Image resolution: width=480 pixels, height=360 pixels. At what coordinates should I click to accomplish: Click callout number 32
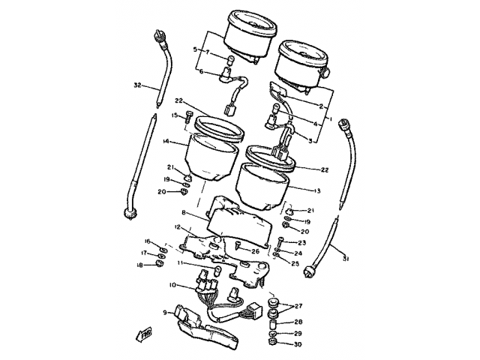137,84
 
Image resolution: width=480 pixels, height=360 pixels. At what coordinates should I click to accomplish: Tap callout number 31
345,260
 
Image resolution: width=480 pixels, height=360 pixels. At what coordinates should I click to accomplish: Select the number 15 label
172,115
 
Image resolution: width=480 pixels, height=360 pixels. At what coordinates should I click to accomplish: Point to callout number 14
165,141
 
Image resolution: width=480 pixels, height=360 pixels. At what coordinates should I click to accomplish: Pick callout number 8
184,213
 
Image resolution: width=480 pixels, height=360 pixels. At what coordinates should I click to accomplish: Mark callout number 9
165,312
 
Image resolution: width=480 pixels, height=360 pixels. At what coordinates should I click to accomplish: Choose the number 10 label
172,285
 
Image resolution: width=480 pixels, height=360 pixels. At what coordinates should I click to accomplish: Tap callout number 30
298,344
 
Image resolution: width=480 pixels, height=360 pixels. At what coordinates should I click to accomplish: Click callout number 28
298,321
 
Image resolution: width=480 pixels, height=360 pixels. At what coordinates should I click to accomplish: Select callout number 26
255,250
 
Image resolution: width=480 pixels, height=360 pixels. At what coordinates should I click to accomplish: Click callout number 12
178,227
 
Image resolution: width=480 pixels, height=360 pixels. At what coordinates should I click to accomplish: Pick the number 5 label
195,49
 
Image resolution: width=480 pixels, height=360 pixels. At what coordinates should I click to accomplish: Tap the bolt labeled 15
187,117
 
